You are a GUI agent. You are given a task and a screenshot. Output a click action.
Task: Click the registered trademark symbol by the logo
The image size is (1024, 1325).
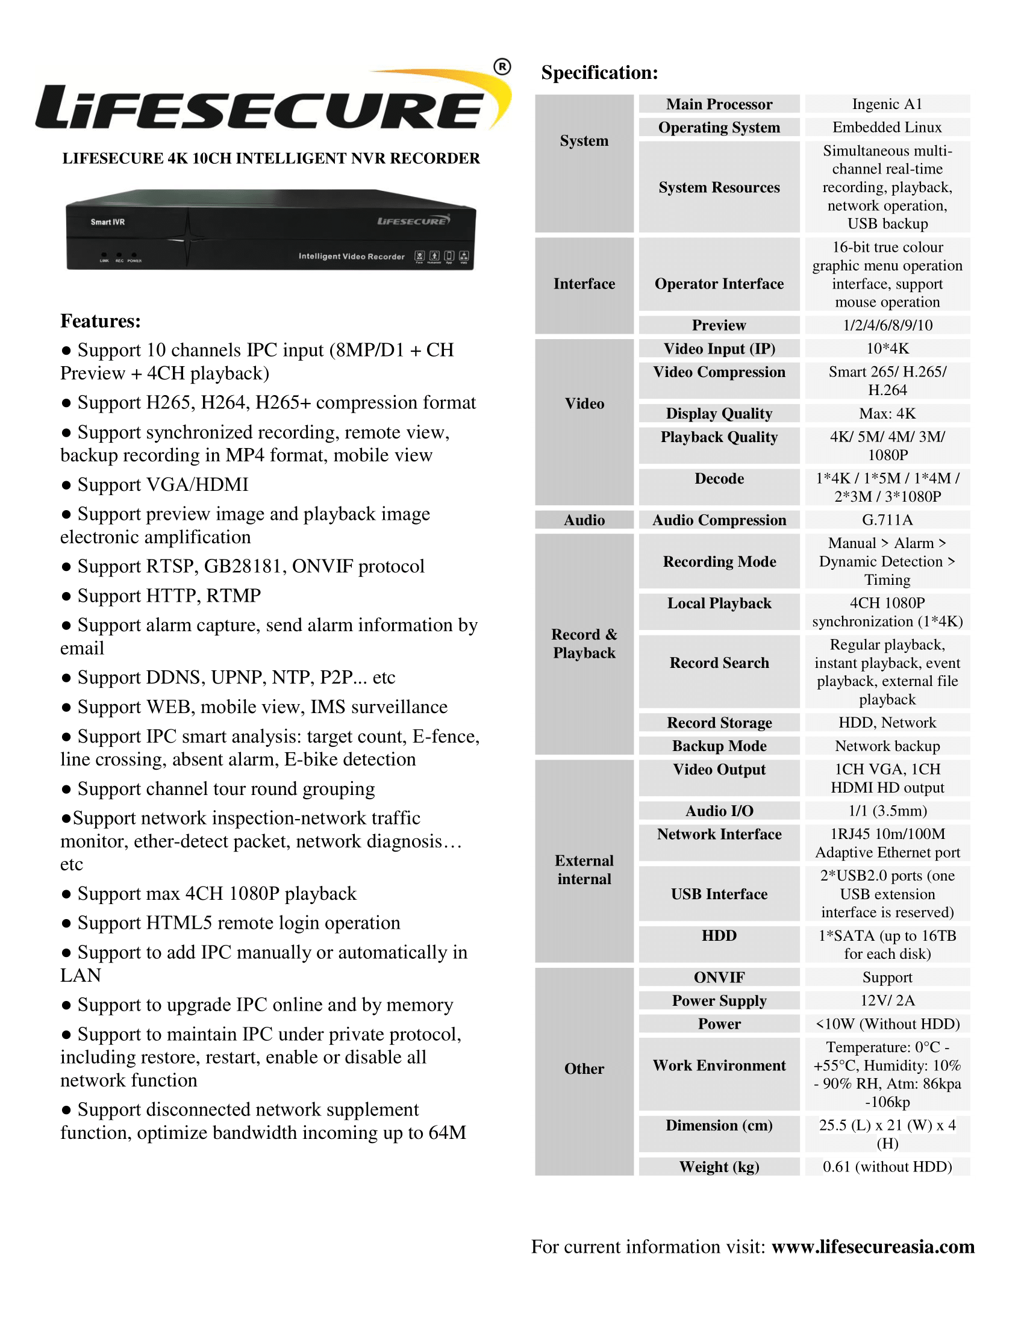pos(502,67)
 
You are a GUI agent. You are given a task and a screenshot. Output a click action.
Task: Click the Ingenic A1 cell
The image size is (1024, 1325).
pos(887,104)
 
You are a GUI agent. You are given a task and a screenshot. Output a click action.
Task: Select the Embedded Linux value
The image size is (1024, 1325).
pos(887,128)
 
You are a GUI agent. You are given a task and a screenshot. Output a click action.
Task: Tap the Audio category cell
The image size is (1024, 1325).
pos(584,520)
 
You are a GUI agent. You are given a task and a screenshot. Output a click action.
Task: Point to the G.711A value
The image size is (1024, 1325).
pos(887,520)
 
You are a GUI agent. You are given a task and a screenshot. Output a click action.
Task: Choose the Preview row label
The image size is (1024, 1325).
pos(719,325)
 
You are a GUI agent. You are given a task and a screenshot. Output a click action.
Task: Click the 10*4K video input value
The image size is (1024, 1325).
pos(887,349)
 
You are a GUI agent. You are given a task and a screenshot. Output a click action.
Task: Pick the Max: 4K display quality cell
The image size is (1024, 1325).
pos(887,414)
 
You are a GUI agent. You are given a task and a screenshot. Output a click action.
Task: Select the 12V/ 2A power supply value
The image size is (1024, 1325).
pos(887,1000)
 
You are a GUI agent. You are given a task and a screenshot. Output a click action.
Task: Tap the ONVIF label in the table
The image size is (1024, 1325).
pos(719,977)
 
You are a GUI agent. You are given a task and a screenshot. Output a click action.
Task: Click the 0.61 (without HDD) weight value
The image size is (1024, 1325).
pos(887,1167)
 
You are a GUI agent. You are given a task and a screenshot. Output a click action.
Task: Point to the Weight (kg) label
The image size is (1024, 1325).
pos(719,1167)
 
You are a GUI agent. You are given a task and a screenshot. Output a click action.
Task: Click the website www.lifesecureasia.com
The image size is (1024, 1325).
pos(873,1247)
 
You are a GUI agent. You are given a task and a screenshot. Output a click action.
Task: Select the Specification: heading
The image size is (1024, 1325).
pos(599,73)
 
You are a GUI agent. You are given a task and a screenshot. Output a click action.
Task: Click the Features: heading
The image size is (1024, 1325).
pos(100,321)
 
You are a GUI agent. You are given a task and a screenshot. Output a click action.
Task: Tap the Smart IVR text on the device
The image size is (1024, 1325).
pos(107,222)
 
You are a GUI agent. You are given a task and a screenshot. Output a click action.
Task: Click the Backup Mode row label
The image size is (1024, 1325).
pos(719,746)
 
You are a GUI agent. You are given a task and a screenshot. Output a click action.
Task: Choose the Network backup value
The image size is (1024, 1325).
pos(887,746)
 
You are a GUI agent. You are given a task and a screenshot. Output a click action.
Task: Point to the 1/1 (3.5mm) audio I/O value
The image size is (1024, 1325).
pos(887,811)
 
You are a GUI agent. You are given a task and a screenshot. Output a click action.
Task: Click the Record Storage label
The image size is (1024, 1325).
pos(719,723)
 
